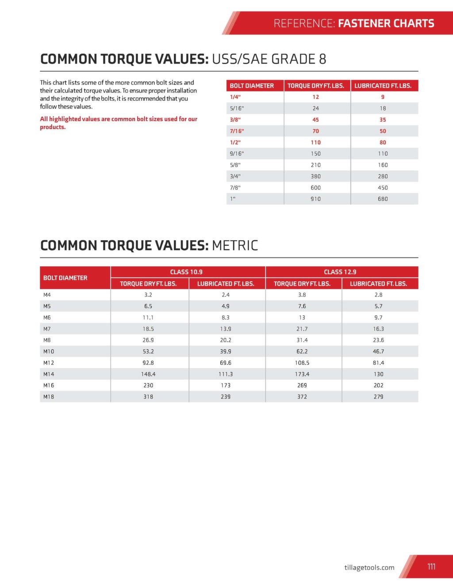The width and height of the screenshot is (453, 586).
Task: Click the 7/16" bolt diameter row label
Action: (x=237, y=131)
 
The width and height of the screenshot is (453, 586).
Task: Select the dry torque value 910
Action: (x=315, y=199)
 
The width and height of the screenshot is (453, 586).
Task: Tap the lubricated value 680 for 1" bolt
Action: (x=383, y=199)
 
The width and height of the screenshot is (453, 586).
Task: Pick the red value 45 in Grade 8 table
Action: (x=315, y=120)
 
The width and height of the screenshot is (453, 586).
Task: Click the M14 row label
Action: (x=49, y=374)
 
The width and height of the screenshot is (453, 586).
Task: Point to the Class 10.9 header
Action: (x=186, y=272)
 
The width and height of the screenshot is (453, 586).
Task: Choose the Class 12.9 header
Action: (x=340, y=272)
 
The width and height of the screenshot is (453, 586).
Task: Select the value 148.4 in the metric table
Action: (x=148, y=374)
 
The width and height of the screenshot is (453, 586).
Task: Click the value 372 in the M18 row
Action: (x=302, y=397)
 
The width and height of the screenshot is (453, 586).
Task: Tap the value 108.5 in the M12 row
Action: (x=302, y=363)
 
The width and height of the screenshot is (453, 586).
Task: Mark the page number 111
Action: (x=431, y=567)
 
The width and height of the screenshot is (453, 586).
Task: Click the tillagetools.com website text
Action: (x=369, y=567)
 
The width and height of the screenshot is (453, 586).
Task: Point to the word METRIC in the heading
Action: (x=235, y=245)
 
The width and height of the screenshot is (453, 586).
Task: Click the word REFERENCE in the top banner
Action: (x=304, y=23)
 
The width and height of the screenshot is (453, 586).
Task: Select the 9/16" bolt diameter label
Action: (x=237, y=154)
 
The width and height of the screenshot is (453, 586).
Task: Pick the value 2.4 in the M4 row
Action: (x=226, y=295)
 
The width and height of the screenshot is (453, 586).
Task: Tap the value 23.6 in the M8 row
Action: (x=378, y=340)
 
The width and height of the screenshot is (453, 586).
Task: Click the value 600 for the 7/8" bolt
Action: (x=315, y=188)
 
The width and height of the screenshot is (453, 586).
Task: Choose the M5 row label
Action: (x=47, y=306)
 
